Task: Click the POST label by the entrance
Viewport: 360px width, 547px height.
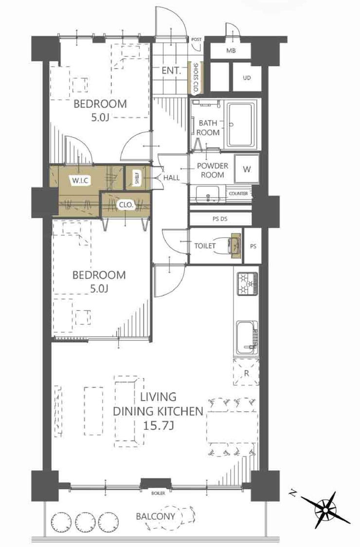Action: point(197,40)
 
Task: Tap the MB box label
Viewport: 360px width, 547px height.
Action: point(231,51)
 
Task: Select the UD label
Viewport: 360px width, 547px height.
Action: point(247,78)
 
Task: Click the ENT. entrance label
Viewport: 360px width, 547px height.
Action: point(171,71)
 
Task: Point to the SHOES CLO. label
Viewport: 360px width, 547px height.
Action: point(196,78)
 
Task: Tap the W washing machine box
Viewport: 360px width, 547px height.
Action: point(247,169)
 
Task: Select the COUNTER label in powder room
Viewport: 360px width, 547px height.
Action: point(238,193)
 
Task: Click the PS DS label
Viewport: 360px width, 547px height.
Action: point(220,219)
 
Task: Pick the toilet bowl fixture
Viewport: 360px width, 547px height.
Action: point(234,245)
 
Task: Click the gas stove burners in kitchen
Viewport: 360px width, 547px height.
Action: point(248,284)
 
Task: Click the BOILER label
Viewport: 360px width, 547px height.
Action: point(158,493)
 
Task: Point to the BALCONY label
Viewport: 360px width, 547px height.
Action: point(156,516)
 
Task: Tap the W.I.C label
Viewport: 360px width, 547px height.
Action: point(80,181)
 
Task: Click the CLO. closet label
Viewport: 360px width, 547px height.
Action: point(126,205)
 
